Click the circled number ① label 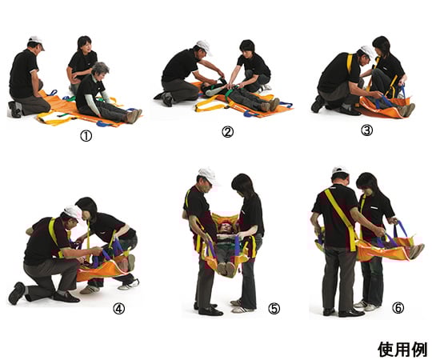(x=85, y=135)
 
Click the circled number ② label (x=227, y=132)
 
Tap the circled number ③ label (x=366, y=130)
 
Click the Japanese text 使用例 (x=402, y=349)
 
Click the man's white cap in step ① (x=34, y=40)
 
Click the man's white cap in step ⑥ (x=340, y=171)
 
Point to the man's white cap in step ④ (x=73, y=212)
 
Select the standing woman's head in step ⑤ (x=242, y=184)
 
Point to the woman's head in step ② (x=246, y=46)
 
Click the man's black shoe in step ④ (x=16, y=294)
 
